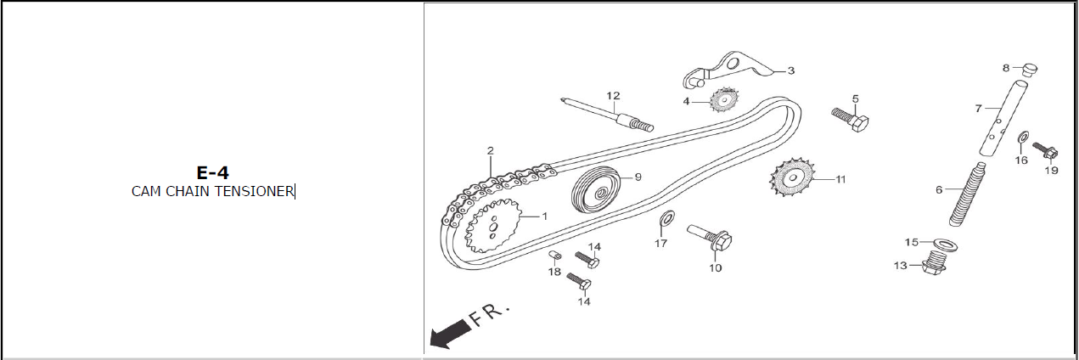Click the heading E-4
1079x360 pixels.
tap(212, 172)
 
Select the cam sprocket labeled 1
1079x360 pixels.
tap(493, 226)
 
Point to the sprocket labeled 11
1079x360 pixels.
tap(792, 178)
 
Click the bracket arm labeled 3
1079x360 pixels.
tap(728, 70)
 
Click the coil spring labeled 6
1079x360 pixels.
tap(967, 194)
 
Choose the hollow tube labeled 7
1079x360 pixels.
tap(1003, 119)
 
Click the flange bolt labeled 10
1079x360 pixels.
tap(710, 238)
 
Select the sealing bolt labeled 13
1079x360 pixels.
tap(935, 262)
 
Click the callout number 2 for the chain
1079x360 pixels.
tap(491, 150)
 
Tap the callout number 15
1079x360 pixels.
tap(912, 242)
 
